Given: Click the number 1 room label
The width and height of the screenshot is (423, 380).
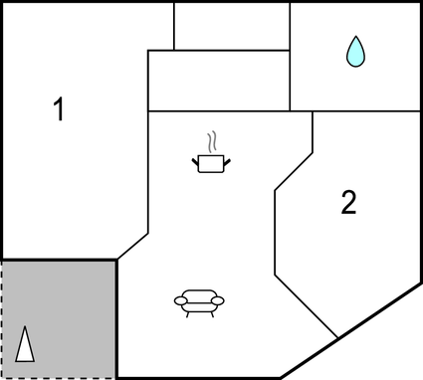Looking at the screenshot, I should [59, 109].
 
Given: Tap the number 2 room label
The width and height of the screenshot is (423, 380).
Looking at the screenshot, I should [347, 203].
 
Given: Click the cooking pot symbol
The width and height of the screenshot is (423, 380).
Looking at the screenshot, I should [211, 162].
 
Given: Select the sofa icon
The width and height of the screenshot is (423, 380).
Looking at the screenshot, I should [199, 300].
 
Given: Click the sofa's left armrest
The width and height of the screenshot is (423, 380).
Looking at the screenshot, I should [179, 299].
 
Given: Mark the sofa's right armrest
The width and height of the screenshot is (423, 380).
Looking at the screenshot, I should [219, 299].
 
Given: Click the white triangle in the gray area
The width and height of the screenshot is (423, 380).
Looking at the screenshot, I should [26, 345].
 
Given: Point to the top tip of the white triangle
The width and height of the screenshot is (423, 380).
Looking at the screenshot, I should [27, 327].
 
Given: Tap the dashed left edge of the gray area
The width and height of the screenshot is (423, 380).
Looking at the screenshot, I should [2, 318].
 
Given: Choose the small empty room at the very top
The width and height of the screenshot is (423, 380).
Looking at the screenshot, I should [232, 25].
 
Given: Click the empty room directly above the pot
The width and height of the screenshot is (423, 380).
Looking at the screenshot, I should [218, 81].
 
